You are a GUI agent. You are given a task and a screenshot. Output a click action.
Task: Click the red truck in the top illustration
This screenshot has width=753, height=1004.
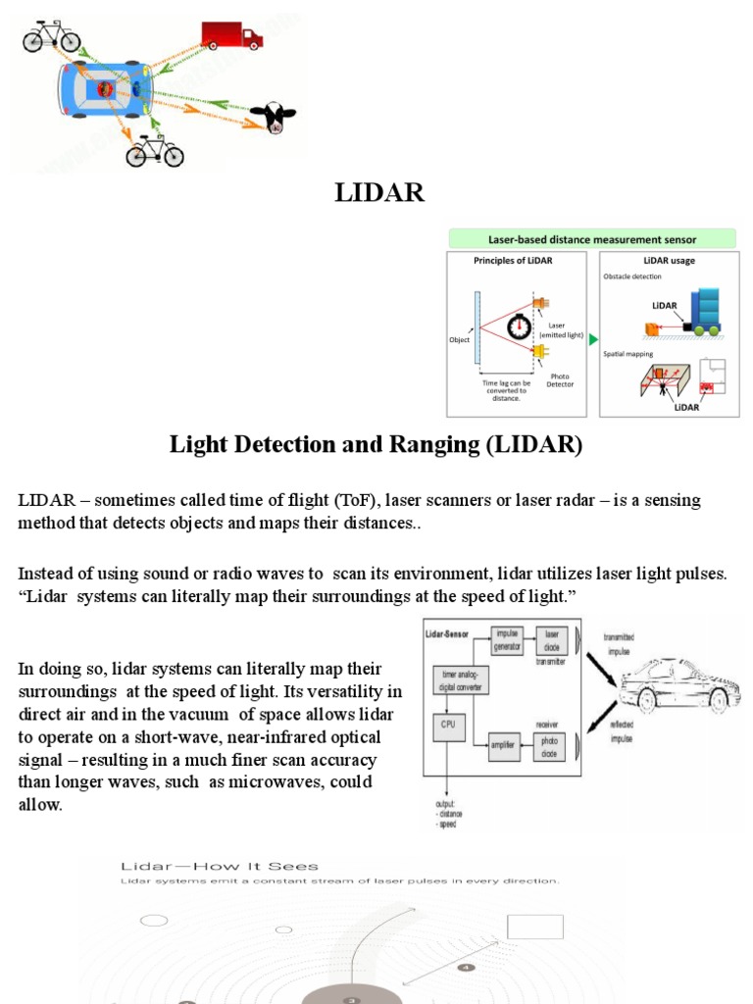tap(231, 35)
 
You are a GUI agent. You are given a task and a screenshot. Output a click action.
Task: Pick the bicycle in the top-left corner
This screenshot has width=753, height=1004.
tap(52, 36)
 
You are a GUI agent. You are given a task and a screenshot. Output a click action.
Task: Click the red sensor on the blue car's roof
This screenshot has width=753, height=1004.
tap(104, 89)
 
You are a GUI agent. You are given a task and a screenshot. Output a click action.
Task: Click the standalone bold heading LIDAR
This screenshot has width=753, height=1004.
tap(379, 193)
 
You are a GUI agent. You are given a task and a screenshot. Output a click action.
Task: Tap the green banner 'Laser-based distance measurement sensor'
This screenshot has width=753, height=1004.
tap(591, 239)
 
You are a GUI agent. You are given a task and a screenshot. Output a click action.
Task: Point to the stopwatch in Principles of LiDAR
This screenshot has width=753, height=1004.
tap(520, 326)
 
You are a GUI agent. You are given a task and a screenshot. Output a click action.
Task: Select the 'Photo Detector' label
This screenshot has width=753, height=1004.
tap(560, 379)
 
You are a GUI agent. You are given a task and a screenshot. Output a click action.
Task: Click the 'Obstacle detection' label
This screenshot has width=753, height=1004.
tap(632, 276)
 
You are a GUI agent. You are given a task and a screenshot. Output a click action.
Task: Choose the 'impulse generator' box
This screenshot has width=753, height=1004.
tap(508, 640)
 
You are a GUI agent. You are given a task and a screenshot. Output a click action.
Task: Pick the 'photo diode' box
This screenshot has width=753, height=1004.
tap(551, 747)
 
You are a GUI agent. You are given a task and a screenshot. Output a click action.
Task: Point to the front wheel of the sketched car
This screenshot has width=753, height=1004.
tap(646, 700)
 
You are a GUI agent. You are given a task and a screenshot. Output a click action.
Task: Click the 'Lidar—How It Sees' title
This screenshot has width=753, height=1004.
tap(219, 866)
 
